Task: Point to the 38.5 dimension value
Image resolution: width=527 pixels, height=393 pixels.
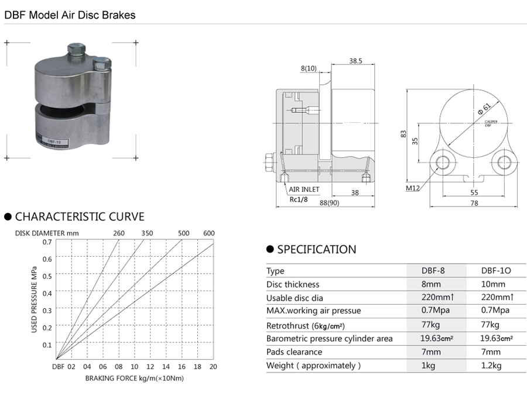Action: coord(356,60)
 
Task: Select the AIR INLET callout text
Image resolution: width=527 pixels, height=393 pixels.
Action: coord(304,189)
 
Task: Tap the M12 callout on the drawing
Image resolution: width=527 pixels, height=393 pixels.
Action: coord(413,188)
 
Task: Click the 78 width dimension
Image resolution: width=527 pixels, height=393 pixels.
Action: coord(474,203)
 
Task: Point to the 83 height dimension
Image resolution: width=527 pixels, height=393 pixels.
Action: coord(403,134)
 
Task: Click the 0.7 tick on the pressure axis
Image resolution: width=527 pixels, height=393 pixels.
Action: coord(47,242)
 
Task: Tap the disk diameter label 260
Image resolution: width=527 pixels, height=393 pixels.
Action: coord(118,233)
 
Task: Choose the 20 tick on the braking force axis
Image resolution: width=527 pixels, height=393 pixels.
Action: coord(213,367)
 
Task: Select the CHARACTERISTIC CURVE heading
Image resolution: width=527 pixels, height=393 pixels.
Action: coord(79,217)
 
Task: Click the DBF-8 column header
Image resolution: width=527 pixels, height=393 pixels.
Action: coord(434,271)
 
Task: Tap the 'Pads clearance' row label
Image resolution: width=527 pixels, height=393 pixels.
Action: coord(294,352)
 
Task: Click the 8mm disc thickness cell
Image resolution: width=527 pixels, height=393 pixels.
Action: coord(434,284)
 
